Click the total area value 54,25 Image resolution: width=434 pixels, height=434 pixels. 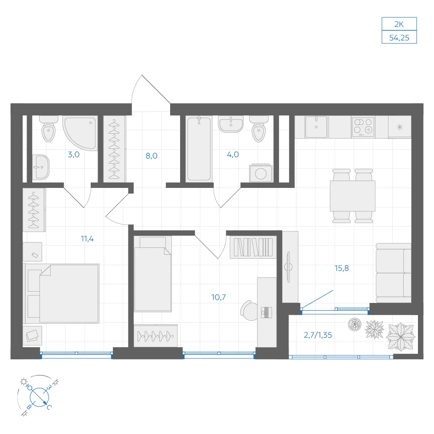(399, 38)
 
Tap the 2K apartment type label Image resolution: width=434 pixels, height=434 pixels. (399, 24)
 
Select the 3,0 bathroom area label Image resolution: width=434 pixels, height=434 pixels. (74, 155)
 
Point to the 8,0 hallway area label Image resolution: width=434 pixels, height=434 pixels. (151, 156)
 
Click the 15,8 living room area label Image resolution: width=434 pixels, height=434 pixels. (342, 268)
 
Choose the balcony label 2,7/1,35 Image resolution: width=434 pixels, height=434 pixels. (318, 335)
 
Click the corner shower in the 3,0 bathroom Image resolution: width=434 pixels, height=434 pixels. (80, 133)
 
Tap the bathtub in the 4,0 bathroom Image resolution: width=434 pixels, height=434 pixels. (199, 149)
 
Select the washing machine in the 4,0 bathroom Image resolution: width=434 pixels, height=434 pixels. (260, 174)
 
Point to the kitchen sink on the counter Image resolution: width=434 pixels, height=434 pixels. (316, 127)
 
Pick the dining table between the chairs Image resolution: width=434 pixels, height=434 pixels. (352, 196)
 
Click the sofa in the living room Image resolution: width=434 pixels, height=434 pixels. (393, 273)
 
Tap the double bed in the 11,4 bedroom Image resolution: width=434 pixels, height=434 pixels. (62, 293)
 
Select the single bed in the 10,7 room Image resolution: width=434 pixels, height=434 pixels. (152, 274)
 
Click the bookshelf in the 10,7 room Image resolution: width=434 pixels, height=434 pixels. (253, 247)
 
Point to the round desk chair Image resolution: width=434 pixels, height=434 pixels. (250, 311)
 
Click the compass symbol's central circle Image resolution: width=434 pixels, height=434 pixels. (39, 398)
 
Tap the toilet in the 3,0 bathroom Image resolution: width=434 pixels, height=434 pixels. (49, 129)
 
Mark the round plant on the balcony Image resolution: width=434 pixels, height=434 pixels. (355, 324)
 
